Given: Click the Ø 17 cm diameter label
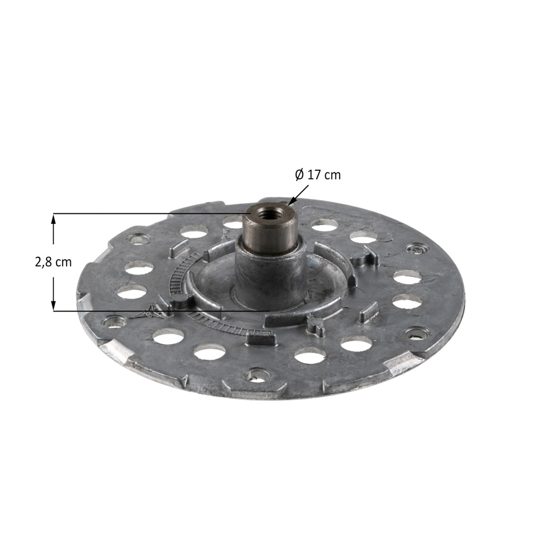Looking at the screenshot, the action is [318, 175].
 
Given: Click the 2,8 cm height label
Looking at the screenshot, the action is [54, 262].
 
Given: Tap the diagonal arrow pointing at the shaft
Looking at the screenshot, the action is [298, 195].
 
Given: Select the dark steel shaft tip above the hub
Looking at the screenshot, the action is [270, 228].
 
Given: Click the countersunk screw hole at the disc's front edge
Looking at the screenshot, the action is [257, 375].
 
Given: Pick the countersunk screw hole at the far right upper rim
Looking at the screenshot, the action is [417, 249].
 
